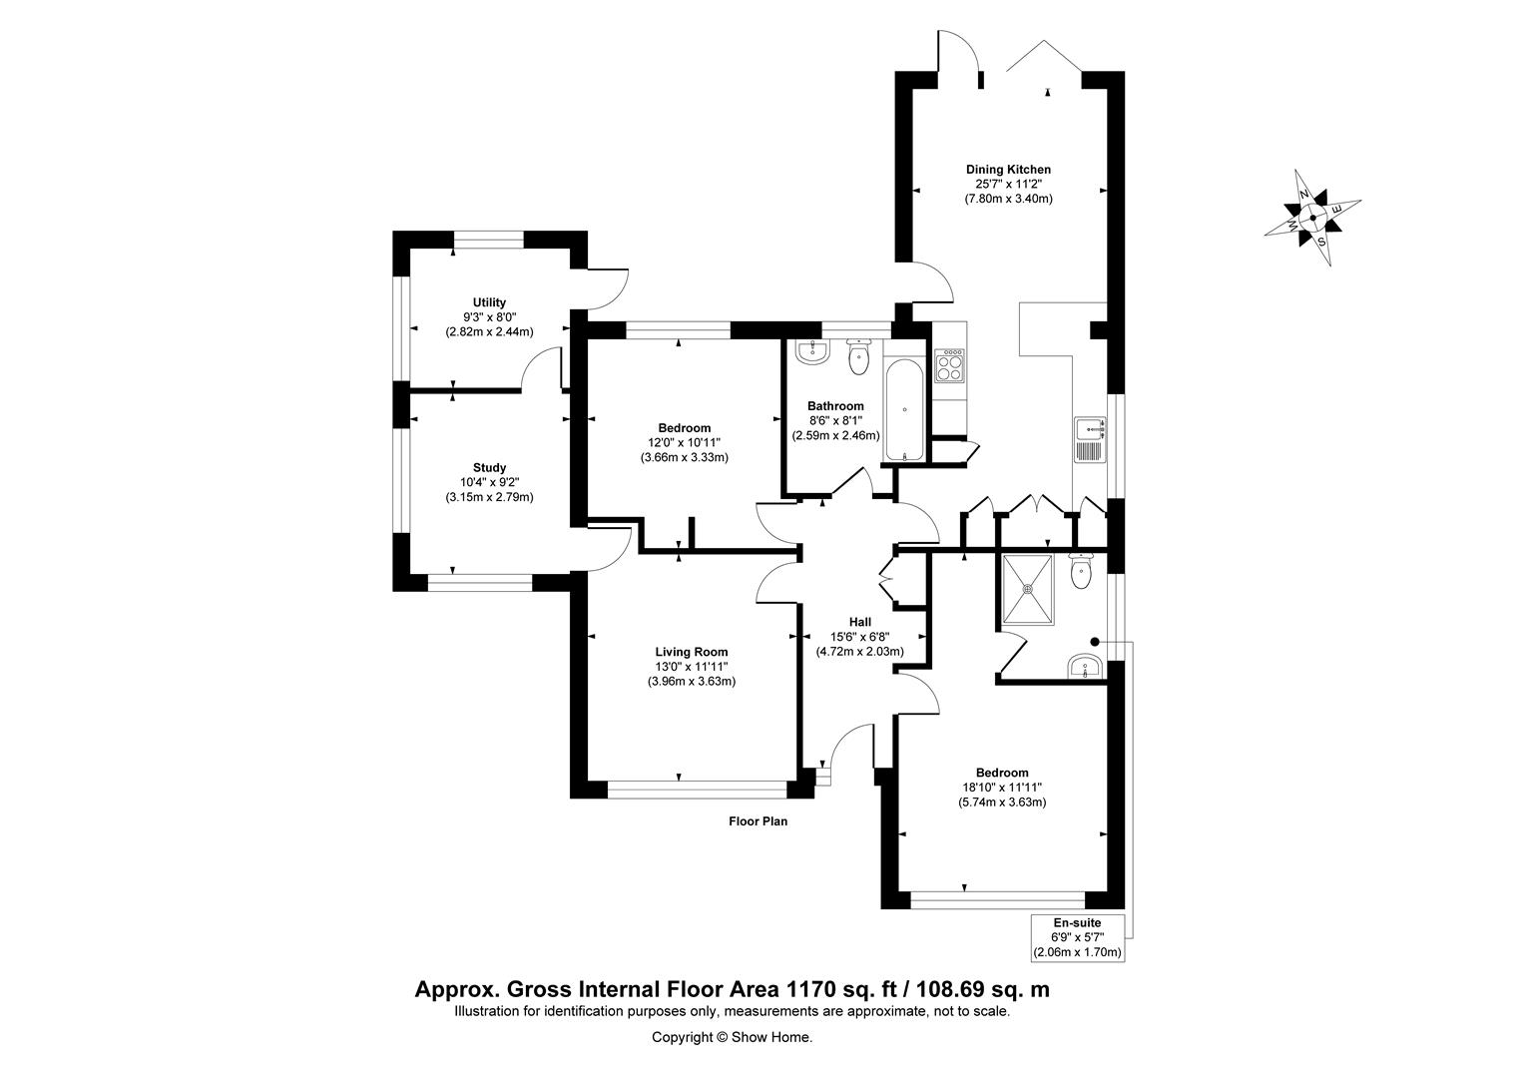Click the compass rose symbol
1312,216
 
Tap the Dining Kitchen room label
1008,169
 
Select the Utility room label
489,302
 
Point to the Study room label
489,467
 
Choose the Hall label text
859,622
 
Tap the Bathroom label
835,406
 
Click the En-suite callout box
1077,937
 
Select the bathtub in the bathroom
904,409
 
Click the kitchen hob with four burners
948,365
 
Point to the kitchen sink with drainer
1089,440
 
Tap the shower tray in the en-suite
1027,589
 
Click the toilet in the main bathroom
859,357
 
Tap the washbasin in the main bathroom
813,350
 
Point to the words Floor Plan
758,822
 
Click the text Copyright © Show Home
732,1037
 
